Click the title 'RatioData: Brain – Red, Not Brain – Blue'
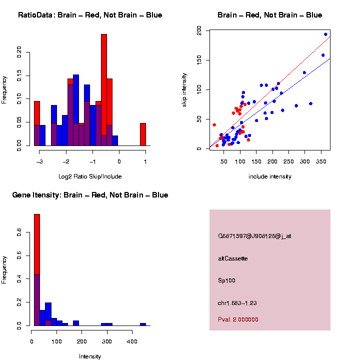90,15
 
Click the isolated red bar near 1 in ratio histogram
142,134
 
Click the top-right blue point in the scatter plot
325,34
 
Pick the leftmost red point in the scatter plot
214,125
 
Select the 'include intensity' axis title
269,176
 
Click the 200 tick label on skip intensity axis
199,31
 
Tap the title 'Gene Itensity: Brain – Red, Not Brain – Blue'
90,195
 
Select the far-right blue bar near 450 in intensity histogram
143,324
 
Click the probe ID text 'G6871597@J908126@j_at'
254,236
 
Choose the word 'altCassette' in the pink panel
232,258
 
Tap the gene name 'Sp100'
225,280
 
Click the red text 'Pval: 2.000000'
238,319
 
